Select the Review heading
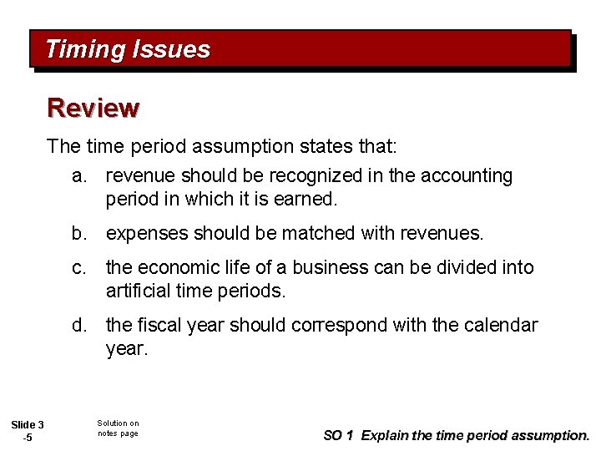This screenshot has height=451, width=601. point(93,108)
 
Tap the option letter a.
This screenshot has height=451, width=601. point(80,176)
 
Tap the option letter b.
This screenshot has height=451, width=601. point(80,233)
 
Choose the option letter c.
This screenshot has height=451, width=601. point(80,268)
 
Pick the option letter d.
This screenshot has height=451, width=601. point(80,325)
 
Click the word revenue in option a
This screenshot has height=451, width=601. point(141,176)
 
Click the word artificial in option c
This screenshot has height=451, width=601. point(139,291)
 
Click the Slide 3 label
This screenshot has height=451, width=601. point(28,426)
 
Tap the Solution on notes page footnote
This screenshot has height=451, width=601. point(118,428)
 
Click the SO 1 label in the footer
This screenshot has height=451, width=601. point(338,435)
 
